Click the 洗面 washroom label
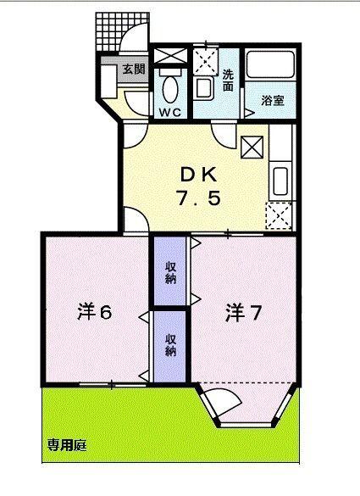[x=229, y=79]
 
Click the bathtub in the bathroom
[x=270, y=67]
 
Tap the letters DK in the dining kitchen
[x=197, y=175]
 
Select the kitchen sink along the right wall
[x=281, y=179]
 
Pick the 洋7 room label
[x=243, y=313]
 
